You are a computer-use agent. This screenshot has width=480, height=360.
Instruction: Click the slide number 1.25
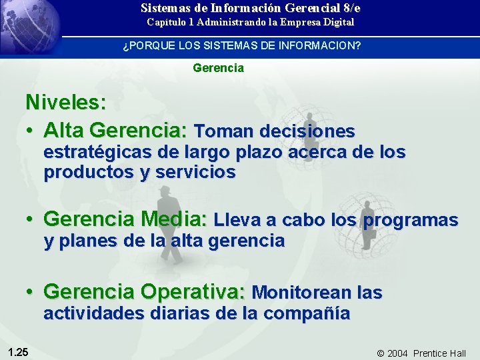(x=18, y=352)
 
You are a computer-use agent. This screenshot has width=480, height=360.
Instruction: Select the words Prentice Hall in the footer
(x=440, y=353)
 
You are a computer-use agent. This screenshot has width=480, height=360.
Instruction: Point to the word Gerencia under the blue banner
(x=218, y=68)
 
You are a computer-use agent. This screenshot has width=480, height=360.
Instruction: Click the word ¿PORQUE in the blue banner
(x=144, y=47)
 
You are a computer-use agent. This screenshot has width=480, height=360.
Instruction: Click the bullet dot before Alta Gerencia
(x=31, y=129)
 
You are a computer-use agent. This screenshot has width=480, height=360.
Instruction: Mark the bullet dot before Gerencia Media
(x=31, y=219)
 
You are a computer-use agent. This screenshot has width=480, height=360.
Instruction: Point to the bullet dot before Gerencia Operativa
(x=31, y=292)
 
